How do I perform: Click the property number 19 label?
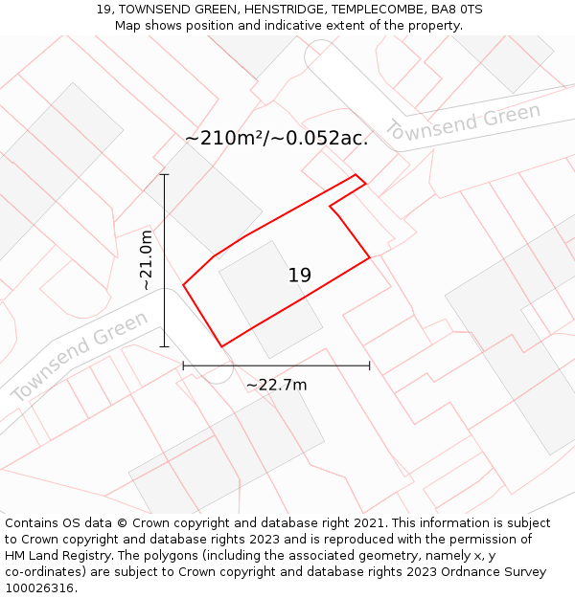pos(300,276)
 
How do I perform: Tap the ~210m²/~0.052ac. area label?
pos(277,138)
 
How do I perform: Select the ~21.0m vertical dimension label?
pos(146,260)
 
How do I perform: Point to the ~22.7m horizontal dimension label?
pos(276,385)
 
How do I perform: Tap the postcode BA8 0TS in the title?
pos(458,10)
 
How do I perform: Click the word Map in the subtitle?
pos(128,25)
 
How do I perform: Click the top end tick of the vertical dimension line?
pos(164,175)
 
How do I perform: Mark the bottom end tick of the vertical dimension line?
pos(164,346)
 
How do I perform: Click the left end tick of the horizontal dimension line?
pos(183,365)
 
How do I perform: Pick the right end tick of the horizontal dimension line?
pos(370,365)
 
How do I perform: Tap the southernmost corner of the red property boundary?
pos(221,346)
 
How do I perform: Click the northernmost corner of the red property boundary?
pos(356,175)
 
